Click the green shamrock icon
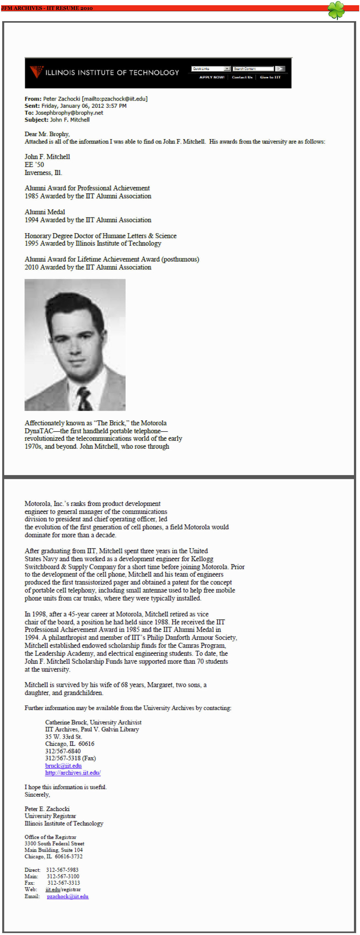click(x=336, y=10)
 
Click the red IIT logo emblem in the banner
click(x=36, y=71)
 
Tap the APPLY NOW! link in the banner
click(x=212, y=77)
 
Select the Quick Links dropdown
click(x=211, y=69)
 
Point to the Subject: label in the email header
click(x=36, y=120)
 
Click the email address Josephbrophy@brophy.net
click(x=69, y=113)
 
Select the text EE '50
click(x=34, y=165)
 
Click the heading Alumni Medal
click(x=45, y=212)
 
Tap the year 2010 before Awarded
click(x=32, y=267)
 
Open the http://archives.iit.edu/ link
click(x=73, y=773)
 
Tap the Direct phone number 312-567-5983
click(x=62, y=870)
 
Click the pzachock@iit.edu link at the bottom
click(x=68, y=896)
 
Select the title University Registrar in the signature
click(x=50, y=816)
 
